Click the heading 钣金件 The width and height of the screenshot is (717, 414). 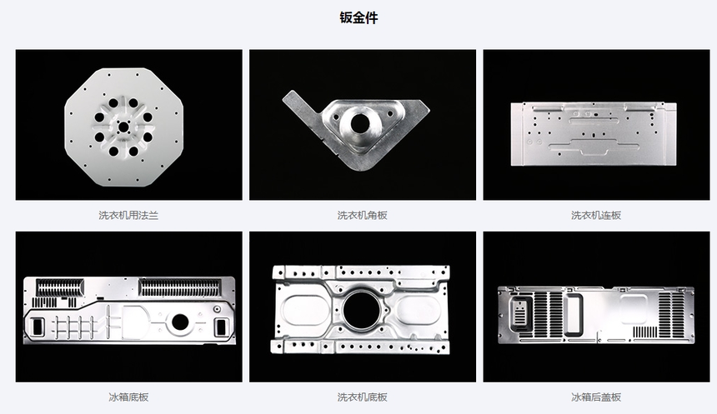(358, 17)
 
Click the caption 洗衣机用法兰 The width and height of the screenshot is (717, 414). (128, 215)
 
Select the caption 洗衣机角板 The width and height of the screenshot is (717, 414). (362, 215)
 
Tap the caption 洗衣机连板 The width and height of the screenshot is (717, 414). (596, 215)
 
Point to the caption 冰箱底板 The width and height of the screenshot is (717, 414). (128, 397)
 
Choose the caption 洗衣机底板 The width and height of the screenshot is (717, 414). (362, 397)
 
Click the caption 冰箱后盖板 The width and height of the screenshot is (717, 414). (596, 397)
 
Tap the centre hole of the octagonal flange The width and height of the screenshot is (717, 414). (123, 127)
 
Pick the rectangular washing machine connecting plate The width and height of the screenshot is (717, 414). (596, 133)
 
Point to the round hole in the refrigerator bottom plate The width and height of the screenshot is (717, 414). (180, 322)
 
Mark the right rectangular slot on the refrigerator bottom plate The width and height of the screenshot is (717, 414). (222, 326)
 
